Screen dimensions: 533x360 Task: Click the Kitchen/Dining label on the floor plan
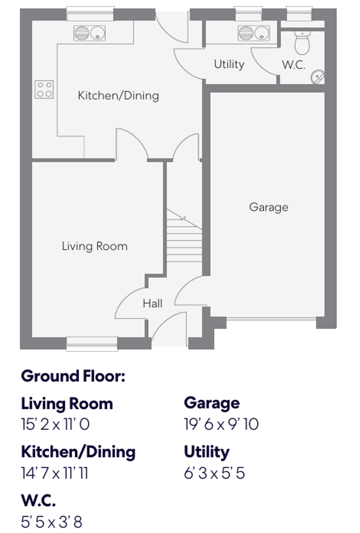pyautogui.click(x=118, y=95)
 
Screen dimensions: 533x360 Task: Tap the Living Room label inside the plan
pyautogui.click(x=94, y=246)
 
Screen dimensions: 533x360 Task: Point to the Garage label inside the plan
pyautogui.click(x=269, y=207)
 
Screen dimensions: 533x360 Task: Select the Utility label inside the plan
pyautogui.click(x=229, y=64)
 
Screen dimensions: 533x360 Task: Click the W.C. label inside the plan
pyautogui.click(x=294, y=65)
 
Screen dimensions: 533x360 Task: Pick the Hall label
pyautogui.click(x=153, y=303)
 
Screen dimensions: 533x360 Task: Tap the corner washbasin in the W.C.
pyautogui.click(x=317, y=77)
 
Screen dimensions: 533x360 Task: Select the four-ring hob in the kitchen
pyautogui.click(x=44, y=89)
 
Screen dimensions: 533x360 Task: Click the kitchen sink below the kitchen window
pyautogui.click(x=89, y=33)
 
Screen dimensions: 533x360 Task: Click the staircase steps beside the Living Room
pyautogui.click(x=184, y=239)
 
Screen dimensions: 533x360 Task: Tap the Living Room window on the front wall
pyautogui.click(x=92, y=343)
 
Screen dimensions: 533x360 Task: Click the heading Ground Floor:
pyautogui.click(x=73, y=376)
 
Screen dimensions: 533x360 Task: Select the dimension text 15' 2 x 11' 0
pyautogui.click(x=55, y=424)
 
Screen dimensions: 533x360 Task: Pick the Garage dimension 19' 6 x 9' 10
pyautogui.click(x=221, y=424)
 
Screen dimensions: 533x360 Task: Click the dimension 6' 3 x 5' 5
pyautogui.click(x=214, y=473)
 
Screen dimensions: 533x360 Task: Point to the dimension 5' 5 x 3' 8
pyautogui.click(x=51, y=522)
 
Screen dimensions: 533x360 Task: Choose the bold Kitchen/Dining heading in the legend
pyautogui.click(x=78, y=452)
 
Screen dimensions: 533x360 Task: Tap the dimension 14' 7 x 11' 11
pyautogui.click(x=54, y=473)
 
